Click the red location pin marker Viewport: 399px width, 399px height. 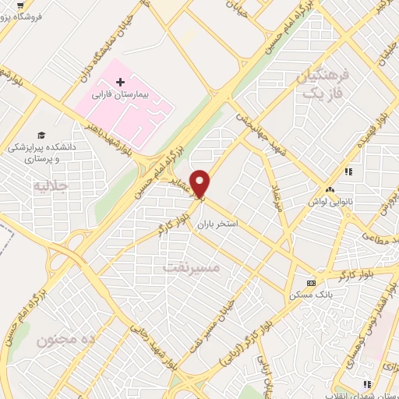(200, 182)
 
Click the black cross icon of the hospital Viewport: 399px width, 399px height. (120, 81)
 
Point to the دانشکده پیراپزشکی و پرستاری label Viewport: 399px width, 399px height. (41, 152)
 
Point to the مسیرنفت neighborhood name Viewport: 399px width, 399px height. (192, 267)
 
